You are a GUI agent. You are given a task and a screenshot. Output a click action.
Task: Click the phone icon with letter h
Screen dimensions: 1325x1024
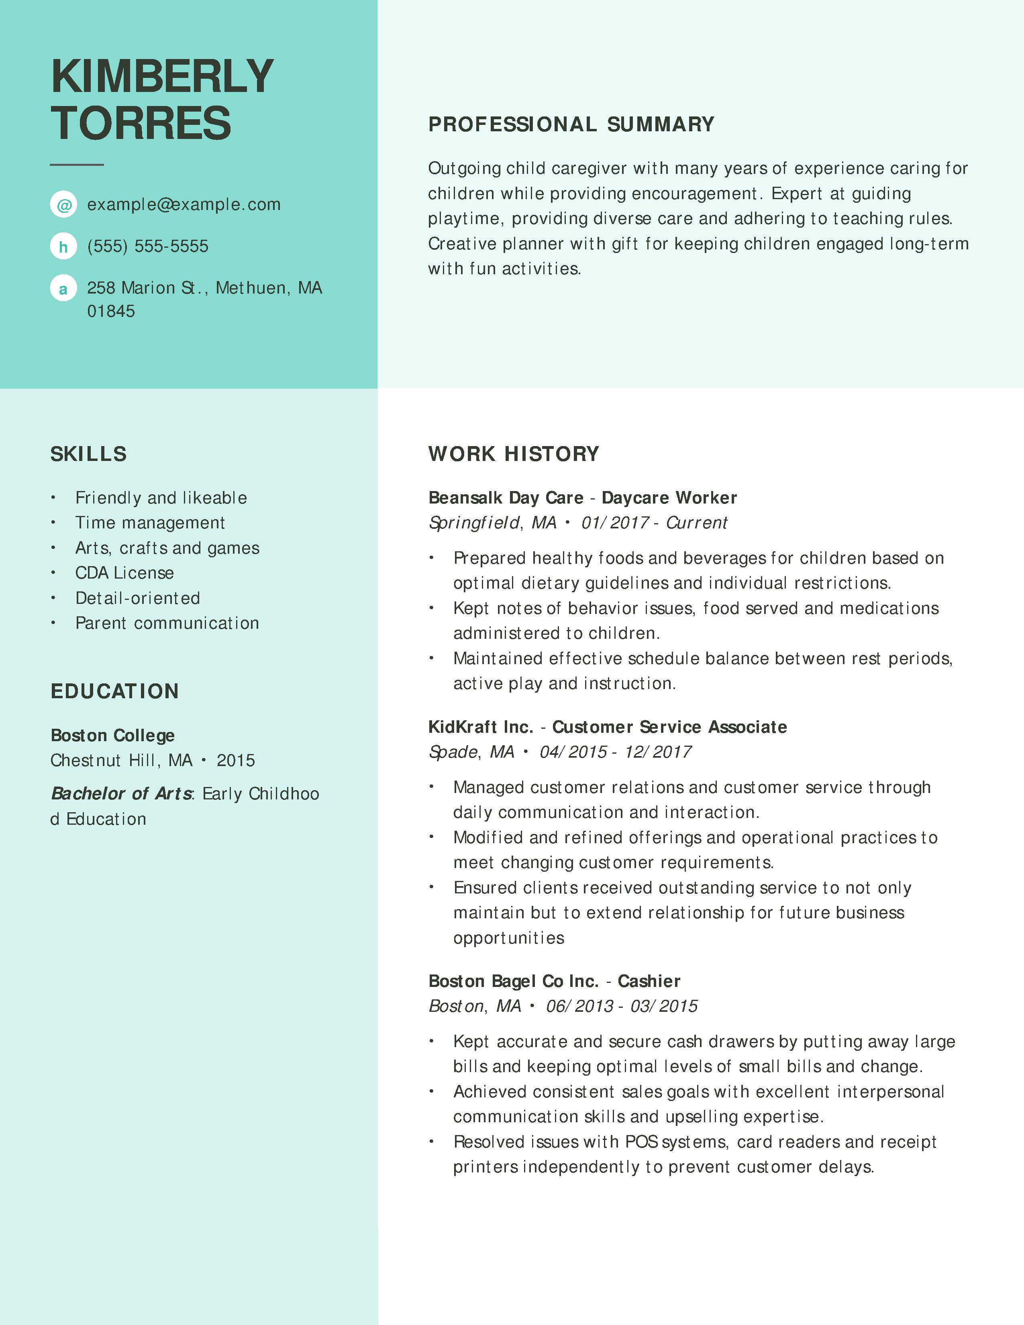(63, 246)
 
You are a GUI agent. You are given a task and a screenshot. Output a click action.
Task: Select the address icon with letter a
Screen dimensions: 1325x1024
(63, 288)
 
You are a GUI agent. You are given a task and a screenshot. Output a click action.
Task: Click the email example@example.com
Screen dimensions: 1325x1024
(184, 204)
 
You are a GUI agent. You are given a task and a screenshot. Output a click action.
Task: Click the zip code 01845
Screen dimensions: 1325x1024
(111, 311)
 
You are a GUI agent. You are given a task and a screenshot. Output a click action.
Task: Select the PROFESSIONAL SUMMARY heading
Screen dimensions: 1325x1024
(571, 124)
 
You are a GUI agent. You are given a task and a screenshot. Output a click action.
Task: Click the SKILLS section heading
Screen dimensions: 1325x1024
(89, 454)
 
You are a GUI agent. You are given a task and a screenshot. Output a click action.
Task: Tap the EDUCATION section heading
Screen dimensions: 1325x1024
(115, 691)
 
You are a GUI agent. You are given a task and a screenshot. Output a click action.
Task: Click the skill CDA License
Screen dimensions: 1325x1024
(124, 573)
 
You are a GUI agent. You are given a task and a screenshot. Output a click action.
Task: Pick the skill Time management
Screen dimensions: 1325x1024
(150, 522)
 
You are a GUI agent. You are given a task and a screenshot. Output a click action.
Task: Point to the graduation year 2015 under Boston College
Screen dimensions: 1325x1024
(236, 760)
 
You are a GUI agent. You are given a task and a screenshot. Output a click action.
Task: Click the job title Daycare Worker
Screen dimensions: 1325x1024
(669, 497)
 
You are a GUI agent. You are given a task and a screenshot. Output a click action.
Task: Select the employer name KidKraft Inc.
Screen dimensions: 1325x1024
(480, 727)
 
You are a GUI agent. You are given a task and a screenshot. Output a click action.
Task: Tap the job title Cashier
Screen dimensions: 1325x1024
(649, 981)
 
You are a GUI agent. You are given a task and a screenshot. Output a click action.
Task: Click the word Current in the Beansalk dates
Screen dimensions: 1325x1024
(696, 522)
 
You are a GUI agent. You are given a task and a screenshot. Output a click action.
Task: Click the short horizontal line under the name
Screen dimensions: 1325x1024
(77, 164)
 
